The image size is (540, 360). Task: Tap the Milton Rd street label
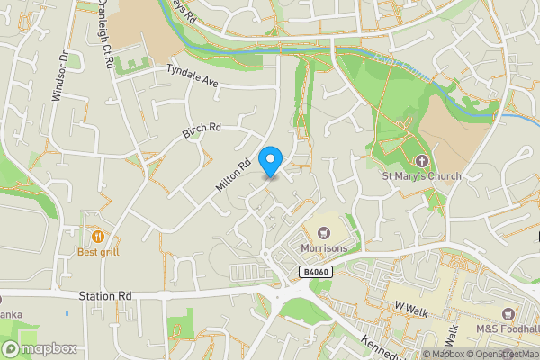(232, 175)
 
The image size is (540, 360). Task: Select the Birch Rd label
(202, 131)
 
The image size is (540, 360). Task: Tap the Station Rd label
(105, 295)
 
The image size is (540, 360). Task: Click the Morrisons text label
(324, 248)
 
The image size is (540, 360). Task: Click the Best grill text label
(98, 253)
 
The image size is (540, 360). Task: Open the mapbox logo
(39, 348)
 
